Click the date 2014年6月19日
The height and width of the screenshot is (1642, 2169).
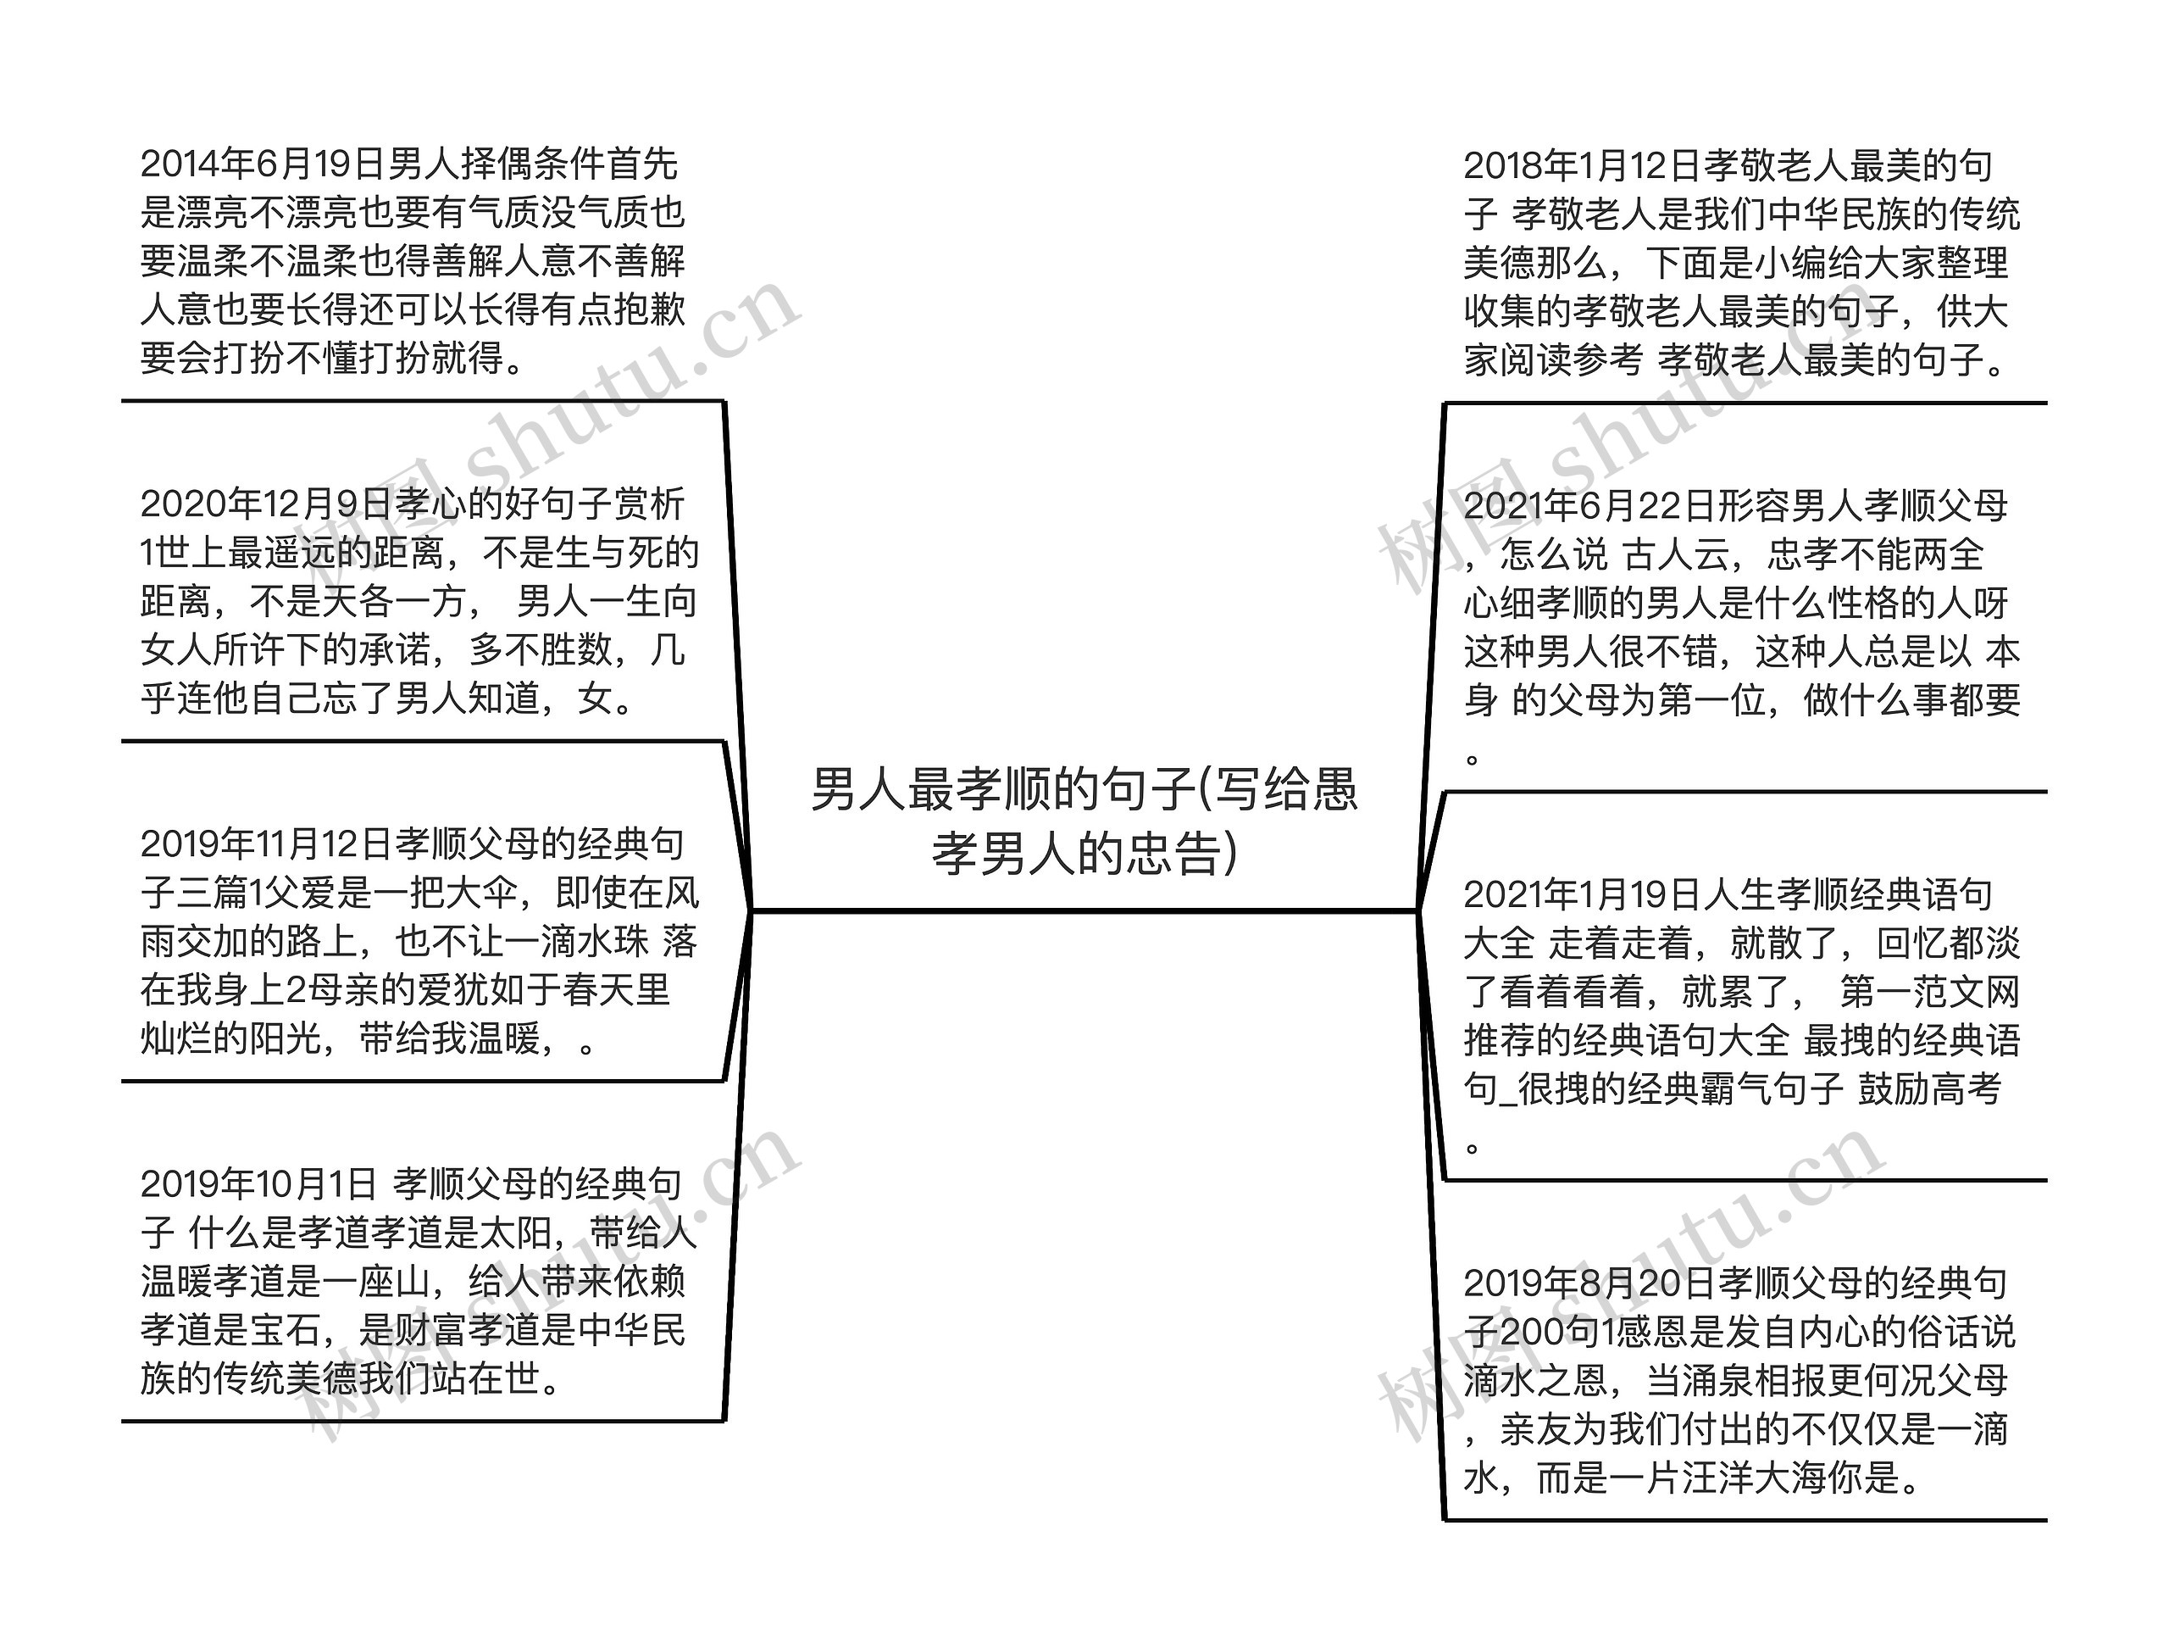click(262, 164)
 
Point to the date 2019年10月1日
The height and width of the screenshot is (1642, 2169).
click(258, 1185)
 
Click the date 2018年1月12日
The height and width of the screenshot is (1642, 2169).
click(1581, 167)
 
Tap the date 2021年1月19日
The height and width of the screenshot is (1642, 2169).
click(1581, 894)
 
